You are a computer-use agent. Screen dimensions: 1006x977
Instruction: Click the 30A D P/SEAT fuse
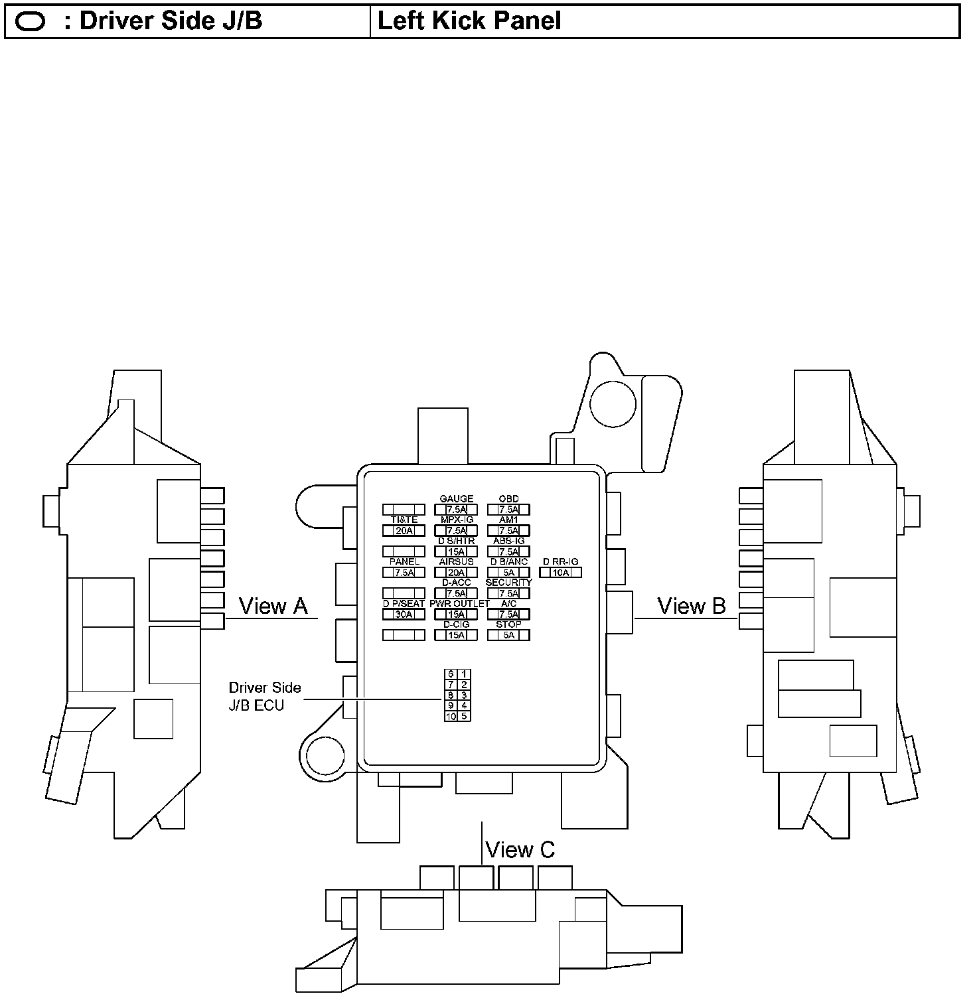(x=404, y=614)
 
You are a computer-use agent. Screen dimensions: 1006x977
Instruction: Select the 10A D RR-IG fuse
(x=561, y=573)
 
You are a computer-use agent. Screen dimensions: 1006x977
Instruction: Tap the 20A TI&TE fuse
(x=404, y=531)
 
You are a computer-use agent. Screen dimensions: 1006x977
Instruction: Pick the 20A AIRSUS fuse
(x=456, y=573)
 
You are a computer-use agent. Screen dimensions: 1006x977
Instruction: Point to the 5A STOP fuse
(x=508, y=635)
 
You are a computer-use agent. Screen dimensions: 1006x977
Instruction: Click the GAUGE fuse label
(x=457, y=499)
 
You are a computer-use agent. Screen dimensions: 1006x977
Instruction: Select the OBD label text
(x=508, y=499)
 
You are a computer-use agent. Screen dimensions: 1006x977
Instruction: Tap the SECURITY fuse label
(x=508, y=583)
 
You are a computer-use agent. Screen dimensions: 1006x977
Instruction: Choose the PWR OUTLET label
(x=459, y=604)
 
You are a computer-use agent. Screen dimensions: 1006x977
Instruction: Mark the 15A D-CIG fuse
(x=456, y=635)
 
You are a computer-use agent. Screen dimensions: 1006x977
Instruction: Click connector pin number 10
(x=451, y=717)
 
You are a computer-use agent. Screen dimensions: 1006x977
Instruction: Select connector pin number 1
(x=464, y=674)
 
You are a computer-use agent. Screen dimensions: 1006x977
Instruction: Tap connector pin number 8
(x=451, y=695)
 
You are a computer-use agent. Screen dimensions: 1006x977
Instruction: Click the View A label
(x=273, y=606)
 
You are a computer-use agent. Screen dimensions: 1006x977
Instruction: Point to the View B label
(x=691, y=606)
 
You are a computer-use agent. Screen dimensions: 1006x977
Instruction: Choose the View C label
(x=520, y=849)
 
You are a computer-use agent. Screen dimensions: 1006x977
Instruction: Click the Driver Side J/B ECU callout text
(x=265, y=697)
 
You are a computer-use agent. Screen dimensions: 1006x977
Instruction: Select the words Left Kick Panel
(x=469, y=21)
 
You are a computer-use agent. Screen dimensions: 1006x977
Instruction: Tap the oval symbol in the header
(x=30, y=22)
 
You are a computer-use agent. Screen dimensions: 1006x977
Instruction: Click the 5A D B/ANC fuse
(x=508, y=573)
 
